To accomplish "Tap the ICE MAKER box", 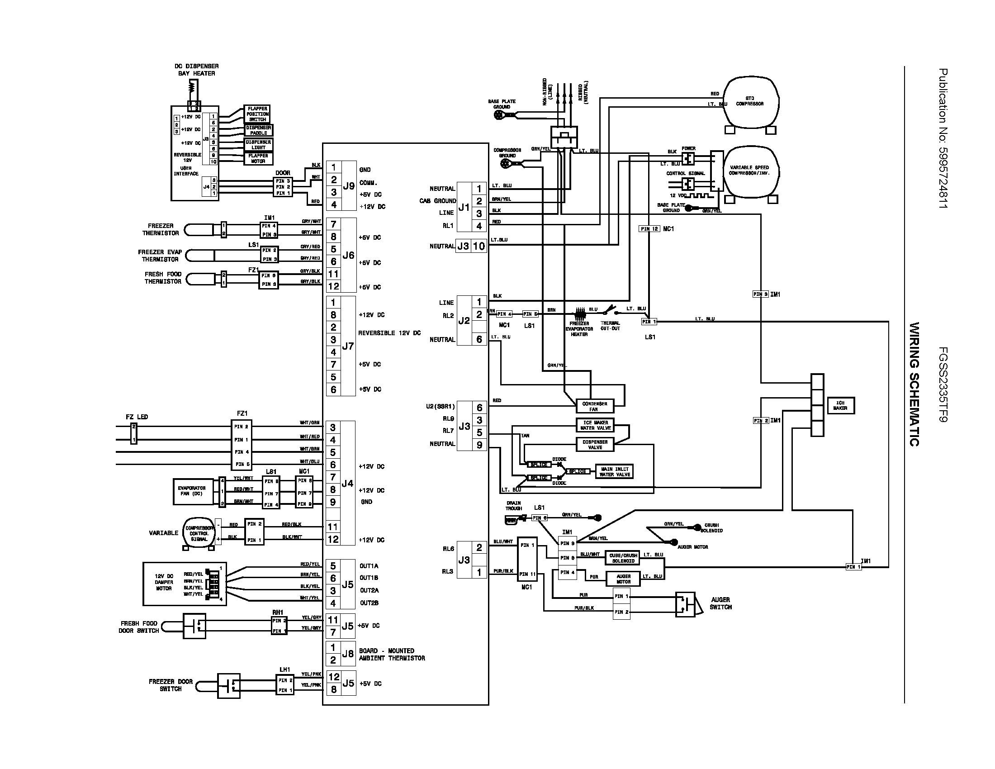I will point(840,405).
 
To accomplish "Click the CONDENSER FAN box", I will point(595,406).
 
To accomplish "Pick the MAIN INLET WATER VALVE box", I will point(615,471).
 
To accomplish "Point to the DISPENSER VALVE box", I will point(595,445).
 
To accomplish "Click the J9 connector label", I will point(349,186).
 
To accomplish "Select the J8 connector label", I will point(348,654).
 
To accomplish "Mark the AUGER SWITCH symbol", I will point(685,604).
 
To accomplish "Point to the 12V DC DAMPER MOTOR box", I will point(185,584).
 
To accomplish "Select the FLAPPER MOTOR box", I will point(258,158).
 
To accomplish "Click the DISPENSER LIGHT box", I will point(258,145).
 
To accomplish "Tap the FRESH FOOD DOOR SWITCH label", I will point(139,627).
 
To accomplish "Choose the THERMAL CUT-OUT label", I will point(610,326).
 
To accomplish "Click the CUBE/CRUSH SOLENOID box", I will point(623,558).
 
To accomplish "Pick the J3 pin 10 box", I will point(479,247).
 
